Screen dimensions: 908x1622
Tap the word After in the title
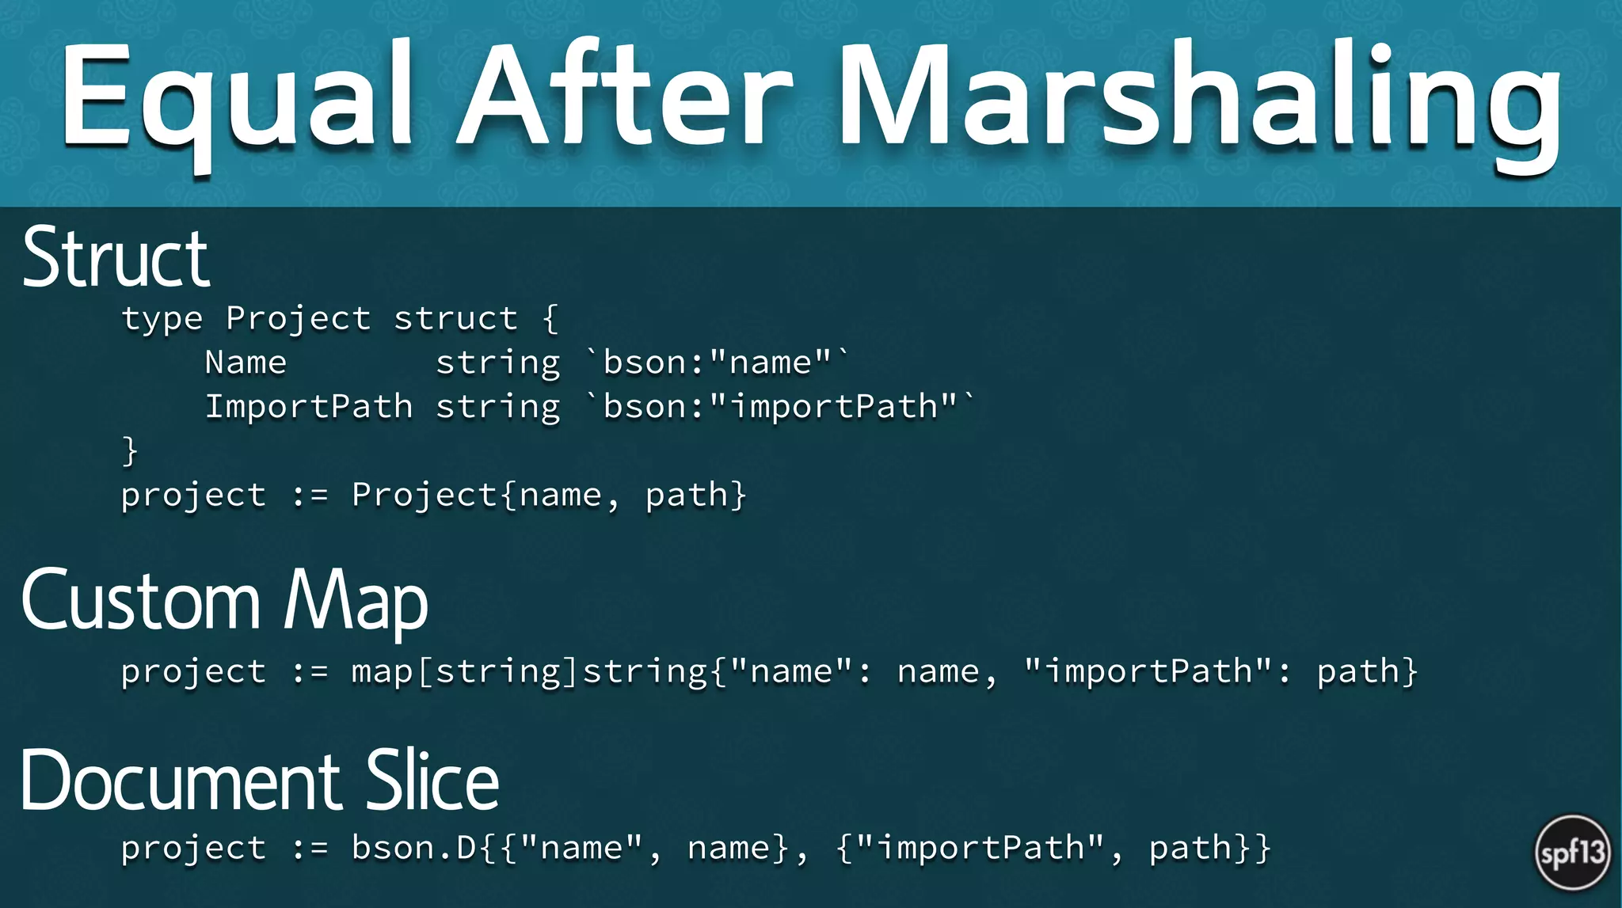[x=626, y=95]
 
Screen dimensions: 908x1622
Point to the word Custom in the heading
[x=141, y=602]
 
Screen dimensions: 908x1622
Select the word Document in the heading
[x=181, y=781]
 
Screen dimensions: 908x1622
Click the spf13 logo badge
[x=1572, y=853]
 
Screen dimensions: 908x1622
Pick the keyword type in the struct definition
[x=162, y=319]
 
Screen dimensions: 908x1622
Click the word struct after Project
[x=456, y=319]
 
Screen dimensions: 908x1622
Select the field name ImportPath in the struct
[x=309, y=407]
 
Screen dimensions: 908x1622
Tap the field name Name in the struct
[x=246, y=363]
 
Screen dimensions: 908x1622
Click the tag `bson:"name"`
[x=718, y=363]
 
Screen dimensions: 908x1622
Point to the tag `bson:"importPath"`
[x=780, y=407]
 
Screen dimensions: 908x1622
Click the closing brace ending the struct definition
[x=130, y=451]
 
